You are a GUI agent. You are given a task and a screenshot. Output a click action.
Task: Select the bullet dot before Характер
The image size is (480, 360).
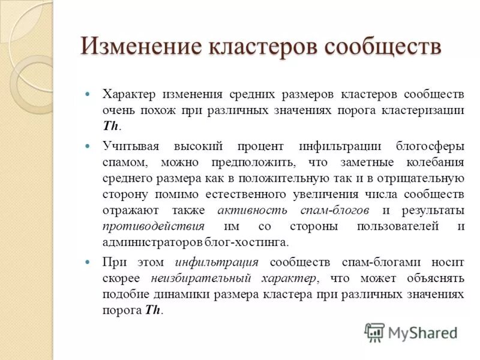point(88,95)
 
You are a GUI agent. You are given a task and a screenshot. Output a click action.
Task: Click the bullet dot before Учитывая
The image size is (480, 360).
point(88,146)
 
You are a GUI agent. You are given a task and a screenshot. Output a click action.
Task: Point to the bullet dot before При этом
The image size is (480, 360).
point(88,262)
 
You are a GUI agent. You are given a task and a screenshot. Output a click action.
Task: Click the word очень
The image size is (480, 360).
point(119,110)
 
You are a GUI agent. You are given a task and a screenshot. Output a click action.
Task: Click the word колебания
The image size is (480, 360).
point(436,162)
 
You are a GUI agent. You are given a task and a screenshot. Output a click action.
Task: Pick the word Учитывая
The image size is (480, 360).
point(130,146)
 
